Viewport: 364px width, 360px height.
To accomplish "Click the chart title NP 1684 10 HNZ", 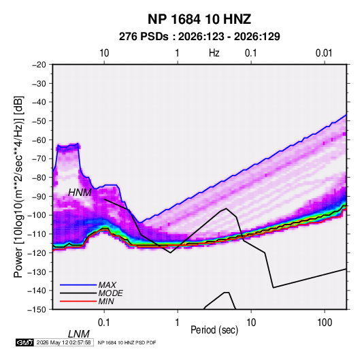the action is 199,19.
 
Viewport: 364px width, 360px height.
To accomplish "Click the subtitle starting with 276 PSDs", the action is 199,37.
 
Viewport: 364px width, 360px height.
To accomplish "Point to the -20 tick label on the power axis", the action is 39,65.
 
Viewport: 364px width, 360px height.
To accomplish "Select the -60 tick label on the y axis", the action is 39,140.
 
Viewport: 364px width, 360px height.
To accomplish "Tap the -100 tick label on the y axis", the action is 37,215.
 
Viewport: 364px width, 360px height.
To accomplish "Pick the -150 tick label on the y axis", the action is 37,310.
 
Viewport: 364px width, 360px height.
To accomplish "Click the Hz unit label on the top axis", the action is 214,53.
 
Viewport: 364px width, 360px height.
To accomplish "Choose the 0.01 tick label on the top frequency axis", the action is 324,53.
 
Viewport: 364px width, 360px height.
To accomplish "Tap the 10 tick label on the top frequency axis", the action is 104,53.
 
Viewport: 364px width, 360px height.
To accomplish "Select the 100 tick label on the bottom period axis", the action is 325,323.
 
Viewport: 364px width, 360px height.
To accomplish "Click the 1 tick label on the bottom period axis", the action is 178,323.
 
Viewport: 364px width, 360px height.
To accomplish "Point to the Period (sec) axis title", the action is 214,330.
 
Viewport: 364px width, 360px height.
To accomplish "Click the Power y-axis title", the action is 18,186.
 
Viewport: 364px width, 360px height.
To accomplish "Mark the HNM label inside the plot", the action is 80,193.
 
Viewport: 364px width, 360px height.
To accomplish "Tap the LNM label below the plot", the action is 78,334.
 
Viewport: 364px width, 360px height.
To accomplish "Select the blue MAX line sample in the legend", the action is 78,285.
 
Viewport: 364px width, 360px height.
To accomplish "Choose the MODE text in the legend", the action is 110,293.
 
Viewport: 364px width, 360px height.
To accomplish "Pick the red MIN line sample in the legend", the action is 78,301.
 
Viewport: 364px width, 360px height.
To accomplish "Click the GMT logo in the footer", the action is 25,342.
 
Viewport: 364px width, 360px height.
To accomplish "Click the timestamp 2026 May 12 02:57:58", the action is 63,342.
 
